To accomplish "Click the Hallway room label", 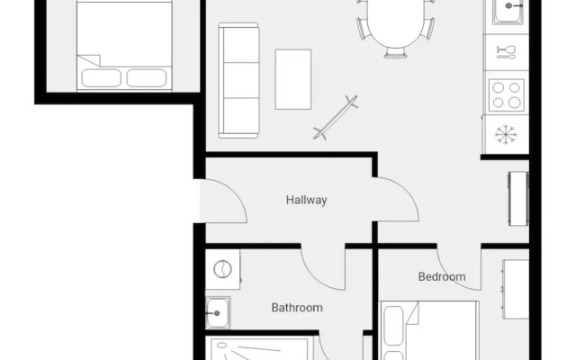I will (x=306, y=200).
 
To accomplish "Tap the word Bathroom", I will (x=297, y=308).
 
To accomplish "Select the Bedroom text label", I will (x=442, y=277).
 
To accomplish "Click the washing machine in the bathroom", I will (x=222, y=269).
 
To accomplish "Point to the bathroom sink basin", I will (x=218, y=313).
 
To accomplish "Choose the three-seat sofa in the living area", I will (x=239, y=81).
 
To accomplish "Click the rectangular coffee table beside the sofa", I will (x=293, y=79).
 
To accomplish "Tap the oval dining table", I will (x=395, y=23).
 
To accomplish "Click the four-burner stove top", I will (x=507, y=94).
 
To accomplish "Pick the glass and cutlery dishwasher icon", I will (x=506, y=51).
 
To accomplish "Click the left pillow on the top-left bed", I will (x=101, y=77).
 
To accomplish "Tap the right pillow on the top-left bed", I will (x=146, y=77).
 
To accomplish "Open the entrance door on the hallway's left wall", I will (x=221, y=202).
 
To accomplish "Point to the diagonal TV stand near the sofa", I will (x=336, y=117).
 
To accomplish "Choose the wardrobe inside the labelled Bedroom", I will (x=516, y=290).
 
